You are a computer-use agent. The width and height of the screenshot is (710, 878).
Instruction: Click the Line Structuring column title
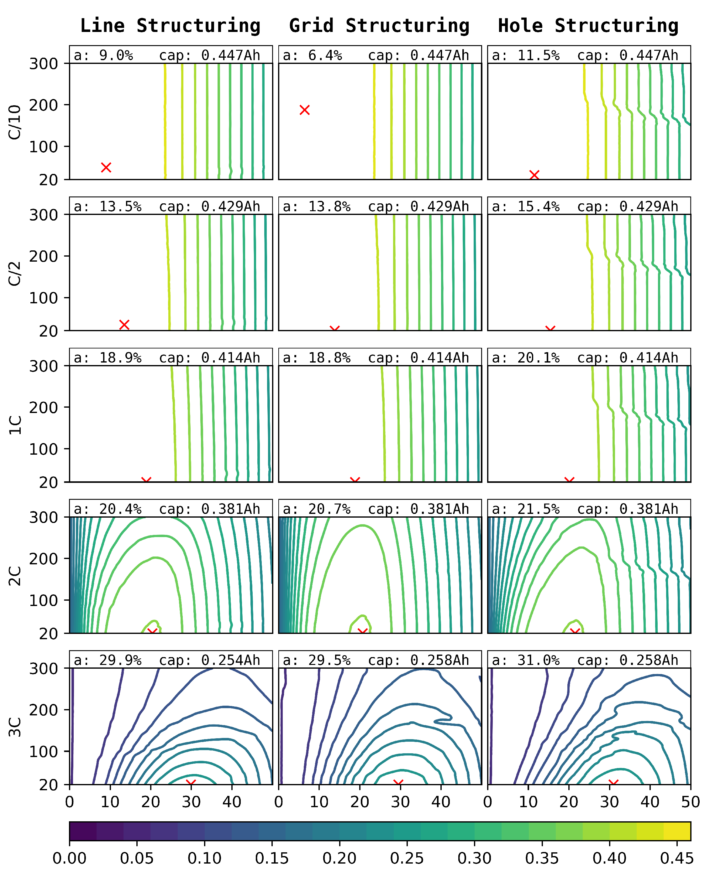(x=170, y=25)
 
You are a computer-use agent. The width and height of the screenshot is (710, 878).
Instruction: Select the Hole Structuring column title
(x=588, y=25)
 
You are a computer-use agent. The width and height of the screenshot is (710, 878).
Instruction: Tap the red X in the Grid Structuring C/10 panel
(x=304, y=110)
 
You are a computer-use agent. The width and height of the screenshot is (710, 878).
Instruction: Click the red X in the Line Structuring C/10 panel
(x=106, y=167)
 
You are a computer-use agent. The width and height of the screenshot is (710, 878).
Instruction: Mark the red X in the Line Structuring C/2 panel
(x=124, y=325)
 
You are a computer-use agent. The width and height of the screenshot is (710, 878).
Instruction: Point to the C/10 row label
(x=15, y=122)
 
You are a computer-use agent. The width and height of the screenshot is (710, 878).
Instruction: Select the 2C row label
(x=15, y=576)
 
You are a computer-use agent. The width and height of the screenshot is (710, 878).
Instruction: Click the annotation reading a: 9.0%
(x=103, y=55)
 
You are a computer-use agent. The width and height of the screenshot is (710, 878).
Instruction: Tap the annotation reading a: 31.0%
(x=526, y=660)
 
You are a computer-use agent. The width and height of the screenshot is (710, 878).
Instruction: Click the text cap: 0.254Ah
(x=209, y=660)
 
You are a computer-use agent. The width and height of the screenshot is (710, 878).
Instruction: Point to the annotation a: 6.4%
(x=313, y=55)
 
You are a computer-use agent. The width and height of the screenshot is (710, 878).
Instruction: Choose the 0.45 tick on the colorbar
(x=677, y=858)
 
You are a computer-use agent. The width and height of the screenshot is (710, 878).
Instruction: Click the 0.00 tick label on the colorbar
(x=70, y=858)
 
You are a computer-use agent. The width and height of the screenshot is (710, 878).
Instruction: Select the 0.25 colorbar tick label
(x=407, y=858)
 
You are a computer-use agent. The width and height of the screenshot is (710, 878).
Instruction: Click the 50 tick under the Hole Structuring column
(x=690, y=802)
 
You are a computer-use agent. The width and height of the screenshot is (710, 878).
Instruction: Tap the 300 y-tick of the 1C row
(x=43, y=366)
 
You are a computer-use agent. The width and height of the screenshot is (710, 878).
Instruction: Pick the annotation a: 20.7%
(x=317, y=509)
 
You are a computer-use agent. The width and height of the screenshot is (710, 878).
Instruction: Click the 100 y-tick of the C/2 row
(x=43, y=298)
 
